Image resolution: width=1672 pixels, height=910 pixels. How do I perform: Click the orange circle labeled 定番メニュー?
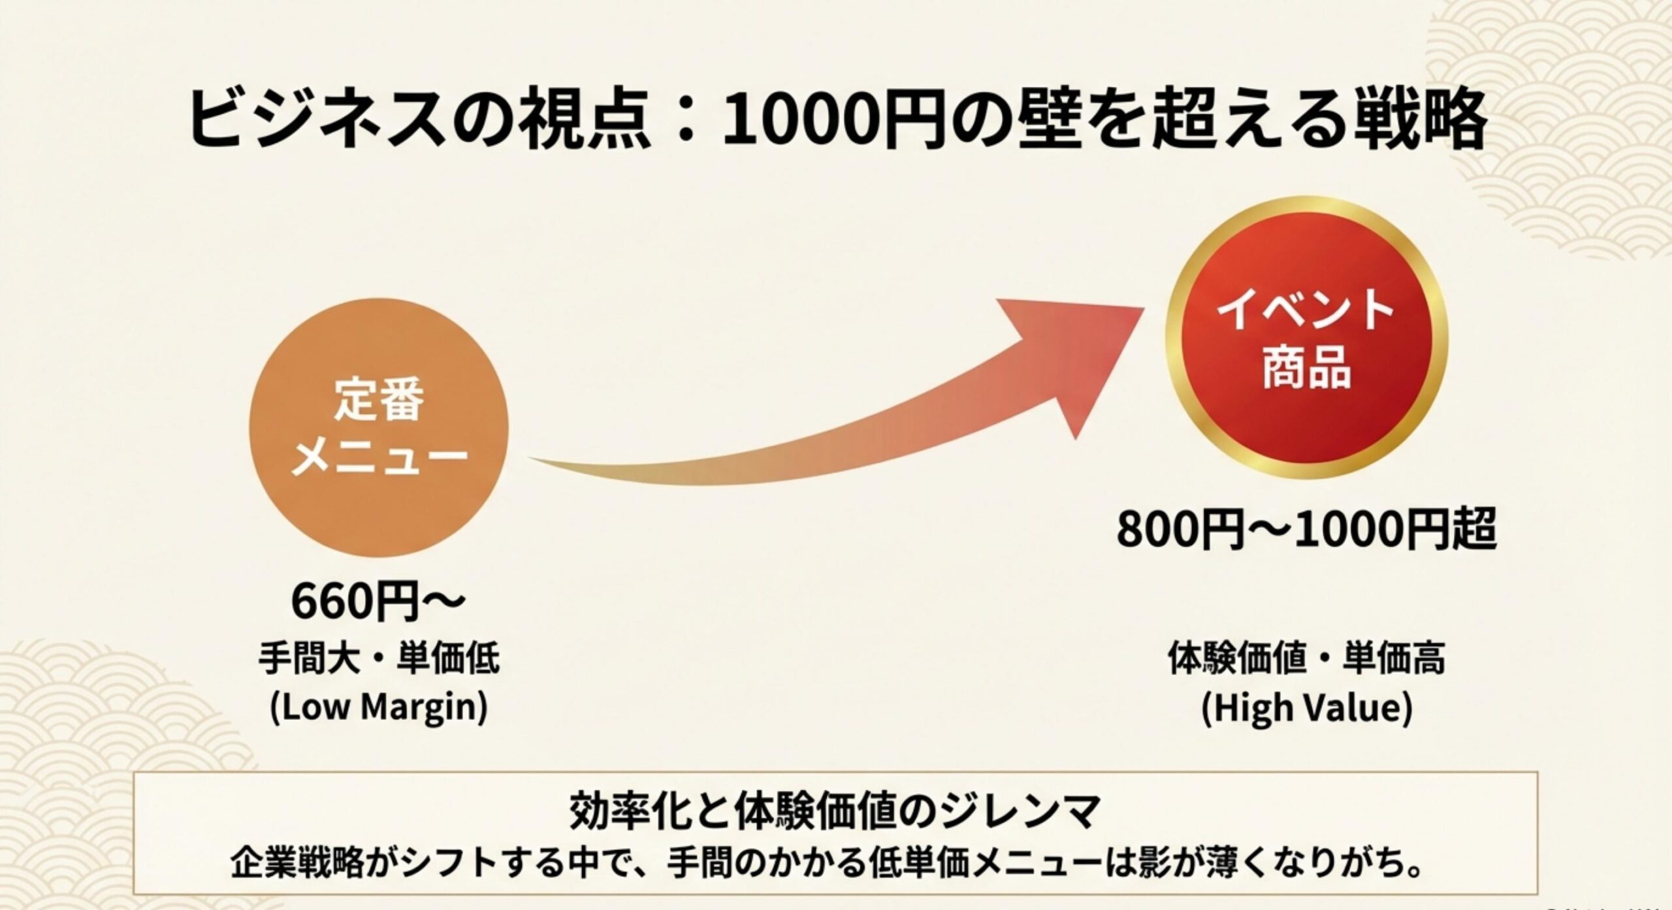click(378, 427)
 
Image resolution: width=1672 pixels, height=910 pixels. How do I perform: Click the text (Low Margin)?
click(379, 707)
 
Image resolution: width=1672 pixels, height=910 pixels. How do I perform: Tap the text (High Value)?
click(1307, 708)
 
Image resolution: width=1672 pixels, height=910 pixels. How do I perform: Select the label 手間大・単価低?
click(379, 658)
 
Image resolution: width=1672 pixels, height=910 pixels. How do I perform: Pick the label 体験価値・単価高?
click(1307, 658)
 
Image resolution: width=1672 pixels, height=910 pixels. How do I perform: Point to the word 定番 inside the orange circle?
click(379, 400)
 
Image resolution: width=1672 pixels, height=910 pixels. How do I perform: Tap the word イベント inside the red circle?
click(1307, 312)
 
